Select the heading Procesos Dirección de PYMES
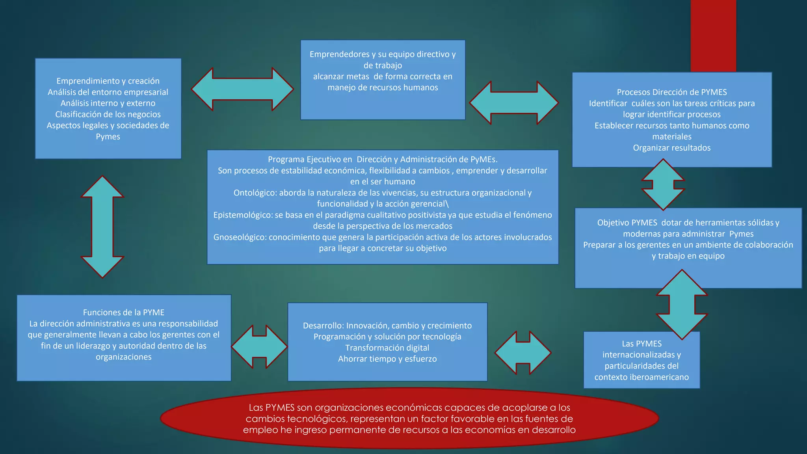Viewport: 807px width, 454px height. pos(671,92)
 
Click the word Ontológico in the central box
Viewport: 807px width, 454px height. pos(255,193)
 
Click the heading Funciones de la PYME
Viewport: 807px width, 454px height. pos(123,313)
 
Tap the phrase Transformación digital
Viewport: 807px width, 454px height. pos(387,348)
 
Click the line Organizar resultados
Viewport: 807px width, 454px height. pos(671,148)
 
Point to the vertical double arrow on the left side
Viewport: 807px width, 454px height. pos(102,227)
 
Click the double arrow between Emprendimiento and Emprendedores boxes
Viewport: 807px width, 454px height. pos(242,89)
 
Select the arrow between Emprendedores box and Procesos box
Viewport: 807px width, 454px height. pos(514,102)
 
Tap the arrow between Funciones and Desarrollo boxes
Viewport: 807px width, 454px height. pos(259,347)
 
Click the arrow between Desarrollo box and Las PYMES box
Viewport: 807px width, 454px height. pos(523,353)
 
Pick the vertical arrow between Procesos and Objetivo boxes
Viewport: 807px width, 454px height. pos(663,184)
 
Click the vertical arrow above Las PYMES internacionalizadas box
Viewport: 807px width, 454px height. pos(682,304)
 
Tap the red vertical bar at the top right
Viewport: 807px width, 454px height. pos(713,35)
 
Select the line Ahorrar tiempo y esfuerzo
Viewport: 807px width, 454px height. pos(387,359)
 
